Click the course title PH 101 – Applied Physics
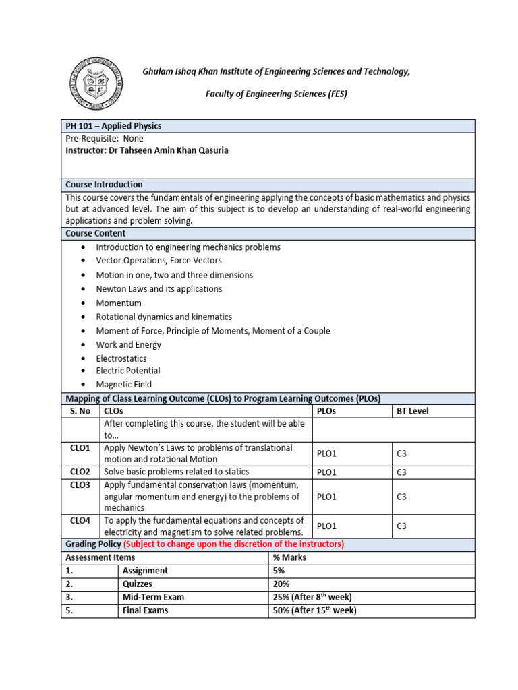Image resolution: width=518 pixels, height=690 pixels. [113, 126]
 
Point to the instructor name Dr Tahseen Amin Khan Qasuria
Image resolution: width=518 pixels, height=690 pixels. [146, 150]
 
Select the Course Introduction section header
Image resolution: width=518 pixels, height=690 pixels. [104, 185]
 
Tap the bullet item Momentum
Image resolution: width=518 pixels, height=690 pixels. [119, 303]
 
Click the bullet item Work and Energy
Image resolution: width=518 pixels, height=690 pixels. [128, 345]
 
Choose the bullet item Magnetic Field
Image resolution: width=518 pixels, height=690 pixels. [123, 385]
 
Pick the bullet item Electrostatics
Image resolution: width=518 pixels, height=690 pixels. [121, 359]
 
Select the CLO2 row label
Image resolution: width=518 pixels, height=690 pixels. [80, 472]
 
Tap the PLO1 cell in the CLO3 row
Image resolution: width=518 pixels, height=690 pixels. [326, 497]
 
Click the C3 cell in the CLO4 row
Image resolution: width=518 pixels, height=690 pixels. [401, 526]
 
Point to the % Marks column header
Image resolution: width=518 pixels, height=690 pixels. [289, 557]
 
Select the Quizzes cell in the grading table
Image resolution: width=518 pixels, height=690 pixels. [138, 584]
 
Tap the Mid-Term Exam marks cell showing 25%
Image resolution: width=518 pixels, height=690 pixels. [312, 597]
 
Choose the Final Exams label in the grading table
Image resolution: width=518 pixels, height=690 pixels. [145, 610]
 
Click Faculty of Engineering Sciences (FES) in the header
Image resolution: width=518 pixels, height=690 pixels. [276, 94]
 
